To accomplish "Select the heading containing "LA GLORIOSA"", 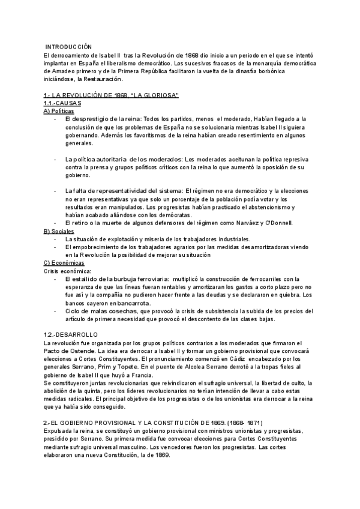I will pyautogui.click(x=112, y=95).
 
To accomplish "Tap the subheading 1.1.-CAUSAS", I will pyautogui.click(x=64, y=103).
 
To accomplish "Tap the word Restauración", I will pyautogui.click(x=101, y=79).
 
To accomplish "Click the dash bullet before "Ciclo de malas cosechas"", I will pyautogui.click(x=56, y=311).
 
